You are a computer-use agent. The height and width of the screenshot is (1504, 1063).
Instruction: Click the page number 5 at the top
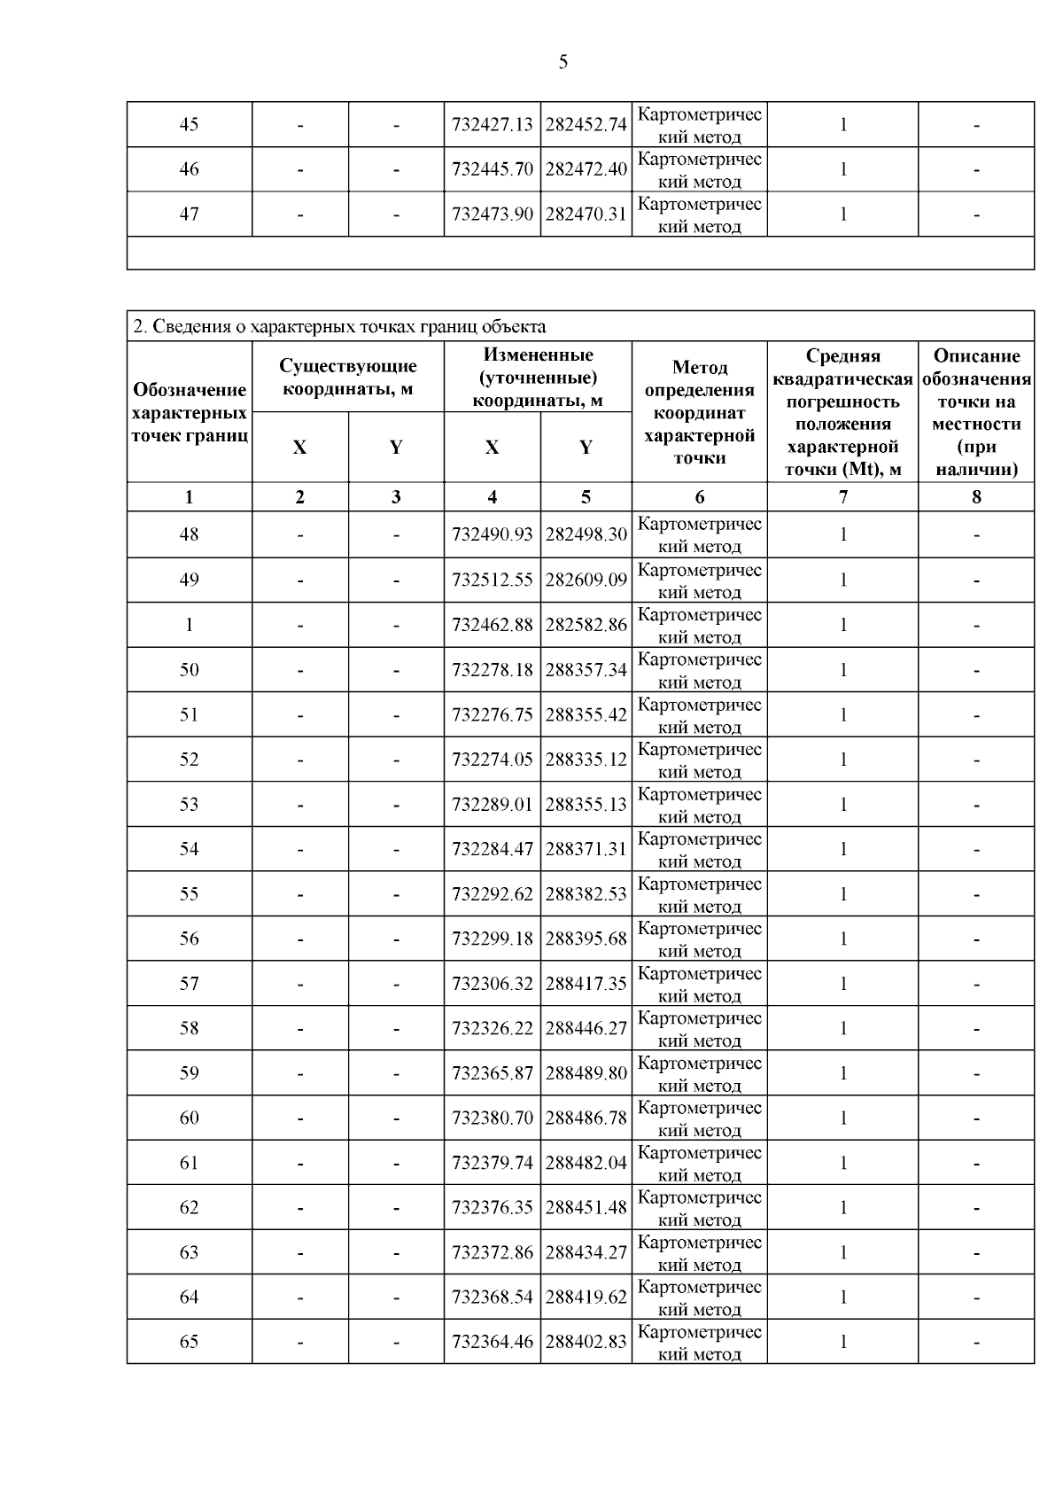[x=563, y=62]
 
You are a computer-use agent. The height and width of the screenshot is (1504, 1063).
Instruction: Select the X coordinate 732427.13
[x=492, y=125]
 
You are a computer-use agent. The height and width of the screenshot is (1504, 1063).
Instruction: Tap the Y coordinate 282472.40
[x=586, y=169]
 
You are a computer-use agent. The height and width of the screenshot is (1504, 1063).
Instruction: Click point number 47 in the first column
[x=189, y=214]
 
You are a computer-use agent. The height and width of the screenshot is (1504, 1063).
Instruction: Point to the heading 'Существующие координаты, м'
[x=348, y=377]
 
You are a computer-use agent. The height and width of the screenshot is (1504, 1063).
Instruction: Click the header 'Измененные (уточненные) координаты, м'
[x=538, y=378]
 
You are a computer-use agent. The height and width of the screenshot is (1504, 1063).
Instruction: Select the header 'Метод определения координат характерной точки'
[x=699, y=412]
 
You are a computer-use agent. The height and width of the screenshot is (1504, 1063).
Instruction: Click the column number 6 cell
[x=699, y=497]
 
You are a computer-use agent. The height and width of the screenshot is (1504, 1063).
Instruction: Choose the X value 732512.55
[x=492, y=581]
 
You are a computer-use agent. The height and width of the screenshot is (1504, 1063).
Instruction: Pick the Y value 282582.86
[x=586, y=625]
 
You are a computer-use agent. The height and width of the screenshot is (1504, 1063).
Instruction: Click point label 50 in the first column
[x=189, y=670]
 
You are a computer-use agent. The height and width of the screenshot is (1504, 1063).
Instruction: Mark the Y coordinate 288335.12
[x=586, y=760]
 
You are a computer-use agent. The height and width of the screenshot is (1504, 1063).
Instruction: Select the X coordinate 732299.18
[x=492, y=939]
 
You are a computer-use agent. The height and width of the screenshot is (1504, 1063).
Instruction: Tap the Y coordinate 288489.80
[x=586, y=1073]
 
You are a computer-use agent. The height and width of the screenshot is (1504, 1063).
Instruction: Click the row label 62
[x=189, y=1208]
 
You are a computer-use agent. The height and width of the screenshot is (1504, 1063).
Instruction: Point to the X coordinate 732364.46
[x=492, y=1342]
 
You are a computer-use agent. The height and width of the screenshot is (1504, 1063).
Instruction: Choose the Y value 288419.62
[x=586, y=1297]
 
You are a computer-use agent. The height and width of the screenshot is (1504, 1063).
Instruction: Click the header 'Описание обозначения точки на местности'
[x=976, y=412]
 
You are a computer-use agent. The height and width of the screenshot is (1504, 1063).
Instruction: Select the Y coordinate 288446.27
[x=586, y=1029]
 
